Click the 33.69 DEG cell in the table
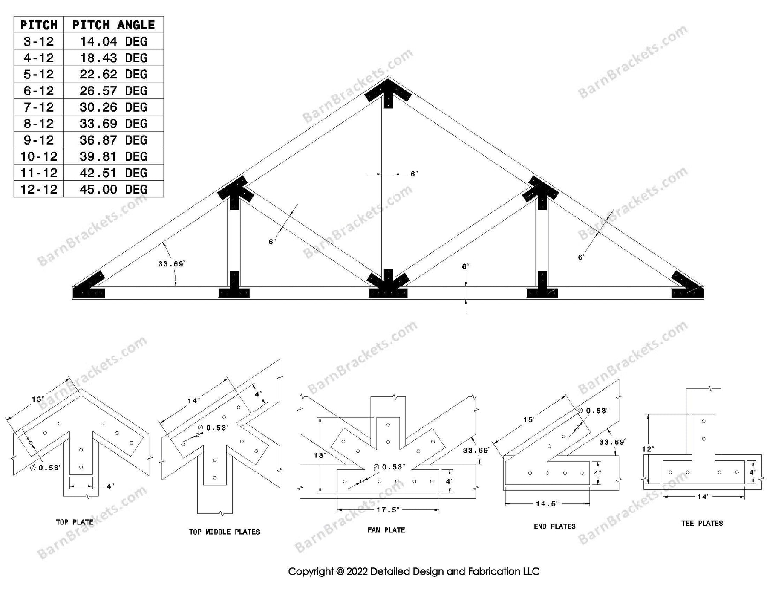point(113,124)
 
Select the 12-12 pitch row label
point(39,189)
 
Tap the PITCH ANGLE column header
point(113,25)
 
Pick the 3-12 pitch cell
point(39,41)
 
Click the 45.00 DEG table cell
point(113,189)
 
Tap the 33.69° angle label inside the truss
point(171,264)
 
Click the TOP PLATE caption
point(75,522)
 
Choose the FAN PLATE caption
point(386,530)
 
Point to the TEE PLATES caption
point(702,523)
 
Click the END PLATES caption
point(554,526)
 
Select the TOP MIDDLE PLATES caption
point(224,532)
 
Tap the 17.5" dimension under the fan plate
point(388,510)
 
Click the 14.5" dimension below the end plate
point(547,504)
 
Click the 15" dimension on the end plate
point(529,420)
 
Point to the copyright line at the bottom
point(413,571)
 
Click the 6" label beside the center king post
point(414,174)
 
